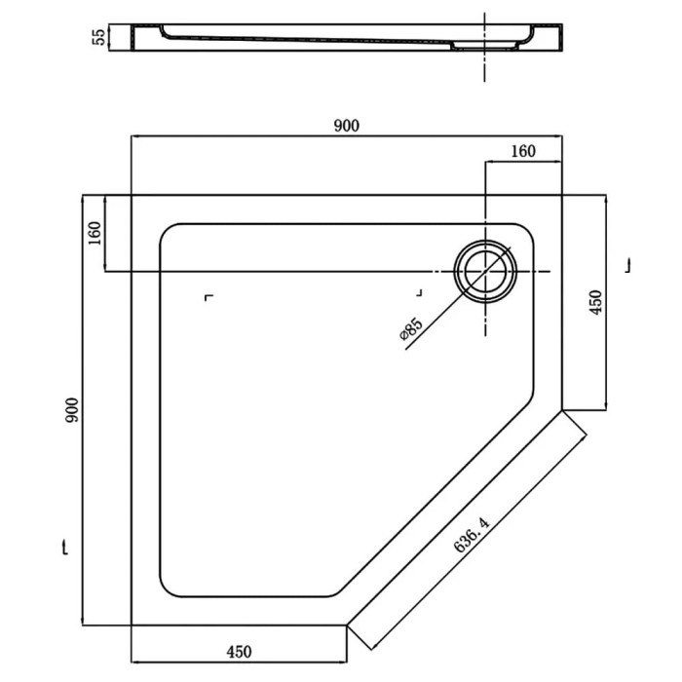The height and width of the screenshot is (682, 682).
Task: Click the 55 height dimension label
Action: [99, 37]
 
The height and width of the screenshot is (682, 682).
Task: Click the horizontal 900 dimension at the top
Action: [347, 126]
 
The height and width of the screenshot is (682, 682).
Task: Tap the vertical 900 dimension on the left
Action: [72, 410]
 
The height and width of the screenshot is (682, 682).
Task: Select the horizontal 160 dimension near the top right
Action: [523, 151]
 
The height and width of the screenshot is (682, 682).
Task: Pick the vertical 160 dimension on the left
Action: [95, 233]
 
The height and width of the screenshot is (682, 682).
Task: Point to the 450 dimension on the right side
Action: [595, 302]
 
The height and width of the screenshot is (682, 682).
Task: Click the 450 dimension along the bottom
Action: [239, 652]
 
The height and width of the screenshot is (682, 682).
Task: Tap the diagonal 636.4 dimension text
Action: [472, 534]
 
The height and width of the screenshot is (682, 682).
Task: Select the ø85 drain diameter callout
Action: [410, 329]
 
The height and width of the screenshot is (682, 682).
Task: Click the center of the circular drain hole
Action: [485, 271]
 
